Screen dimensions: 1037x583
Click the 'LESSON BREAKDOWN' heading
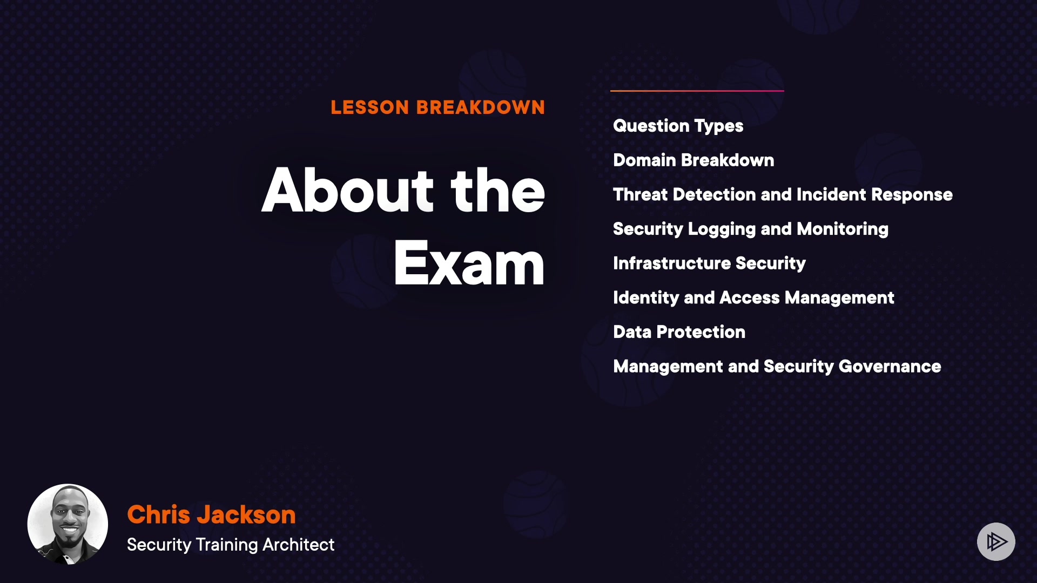tap(438, 107)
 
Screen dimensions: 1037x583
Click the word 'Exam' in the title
tap(469, 263)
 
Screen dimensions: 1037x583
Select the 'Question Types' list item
tap(678, 126)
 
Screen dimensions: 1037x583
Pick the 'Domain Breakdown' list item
tap(693, 160)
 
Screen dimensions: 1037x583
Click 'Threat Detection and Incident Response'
tap(783, 195)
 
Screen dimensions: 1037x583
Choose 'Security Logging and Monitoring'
tap(751, 229)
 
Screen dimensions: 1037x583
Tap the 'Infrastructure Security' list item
tap(709, 263)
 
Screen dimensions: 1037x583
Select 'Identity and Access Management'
tap(753, 298)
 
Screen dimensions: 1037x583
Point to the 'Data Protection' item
tap(679, 332)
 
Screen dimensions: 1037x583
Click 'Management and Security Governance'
tap(777, 367)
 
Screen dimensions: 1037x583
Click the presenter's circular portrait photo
tap(68, 524)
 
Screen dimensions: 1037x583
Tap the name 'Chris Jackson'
tap(211, 514)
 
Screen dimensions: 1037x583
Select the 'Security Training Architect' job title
tap(231, 545)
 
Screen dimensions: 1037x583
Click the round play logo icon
tap(996, 541)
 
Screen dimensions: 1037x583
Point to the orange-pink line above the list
tap(697, 91)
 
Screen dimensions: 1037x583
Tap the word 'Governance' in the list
tap(890, 367)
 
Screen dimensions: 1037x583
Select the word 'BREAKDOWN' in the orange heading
tap(481, 107)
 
